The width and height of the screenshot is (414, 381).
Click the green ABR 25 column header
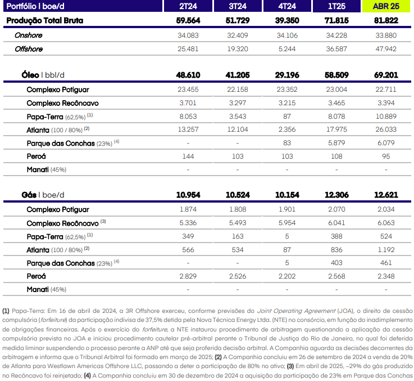coord(386,6)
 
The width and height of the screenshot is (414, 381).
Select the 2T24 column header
coord(188,6)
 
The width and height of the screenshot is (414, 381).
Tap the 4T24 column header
coord(287,6)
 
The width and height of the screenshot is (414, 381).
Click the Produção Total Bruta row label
coord(44,21)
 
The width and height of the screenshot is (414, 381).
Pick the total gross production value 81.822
coord(386,21)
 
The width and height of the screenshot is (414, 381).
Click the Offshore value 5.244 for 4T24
coord(287,49)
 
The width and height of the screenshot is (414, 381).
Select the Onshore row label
coord(28,35)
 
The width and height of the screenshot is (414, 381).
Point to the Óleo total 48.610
coord(188,75)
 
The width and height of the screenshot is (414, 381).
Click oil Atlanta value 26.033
coord(386,129)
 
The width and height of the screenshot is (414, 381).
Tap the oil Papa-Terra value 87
coord(287,116)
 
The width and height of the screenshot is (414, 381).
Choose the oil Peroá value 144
coord(188,156)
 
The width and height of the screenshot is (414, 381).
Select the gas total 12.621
coord(386,195)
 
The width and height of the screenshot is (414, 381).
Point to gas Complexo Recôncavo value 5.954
coord(287,223)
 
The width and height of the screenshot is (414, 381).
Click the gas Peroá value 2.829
coord(188,276)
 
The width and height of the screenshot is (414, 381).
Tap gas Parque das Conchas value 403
coord(336,263)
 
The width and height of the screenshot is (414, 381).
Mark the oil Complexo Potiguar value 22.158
coord(238,89)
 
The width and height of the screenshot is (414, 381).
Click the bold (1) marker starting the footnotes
coord(6,311)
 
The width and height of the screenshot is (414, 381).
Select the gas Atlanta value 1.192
coord(386,250)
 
